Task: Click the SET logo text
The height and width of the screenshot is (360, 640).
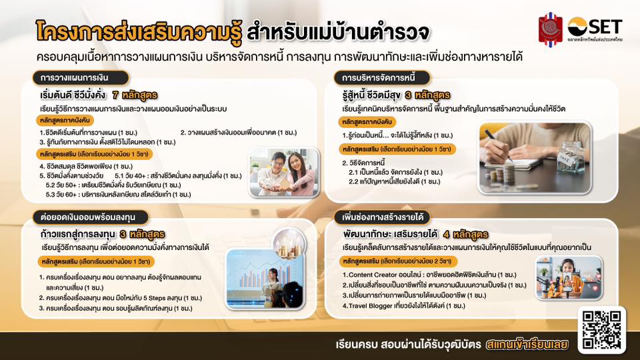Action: [x=604, y=27]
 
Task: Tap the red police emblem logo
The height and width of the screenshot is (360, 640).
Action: [x=550, y=29]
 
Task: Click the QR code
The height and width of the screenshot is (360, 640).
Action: [x=601, y=330]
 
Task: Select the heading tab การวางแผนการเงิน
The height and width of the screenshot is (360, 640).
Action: [x=81, y=77]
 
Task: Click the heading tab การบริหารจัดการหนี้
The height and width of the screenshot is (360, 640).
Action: [x=383, y=77]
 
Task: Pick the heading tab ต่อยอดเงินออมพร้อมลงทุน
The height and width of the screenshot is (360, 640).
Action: [x=91, y=217]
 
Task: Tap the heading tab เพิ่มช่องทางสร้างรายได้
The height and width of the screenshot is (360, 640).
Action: [x=383, y=217]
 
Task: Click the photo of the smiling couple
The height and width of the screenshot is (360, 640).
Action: [x=285, y=172]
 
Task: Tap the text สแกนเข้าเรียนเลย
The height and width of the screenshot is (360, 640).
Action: [x=527, y=345]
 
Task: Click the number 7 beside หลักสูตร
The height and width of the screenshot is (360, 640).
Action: [x=115, y=95]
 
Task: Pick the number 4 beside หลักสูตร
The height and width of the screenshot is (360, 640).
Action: [x=447, y=235]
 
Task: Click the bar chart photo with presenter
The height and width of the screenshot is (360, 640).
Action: [x=265, y=279]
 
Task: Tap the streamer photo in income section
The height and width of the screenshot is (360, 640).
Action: [x=569, y=277]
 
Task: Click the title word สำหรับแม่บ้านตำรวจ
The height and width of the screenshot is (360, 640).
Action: [x=338, y=33]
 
